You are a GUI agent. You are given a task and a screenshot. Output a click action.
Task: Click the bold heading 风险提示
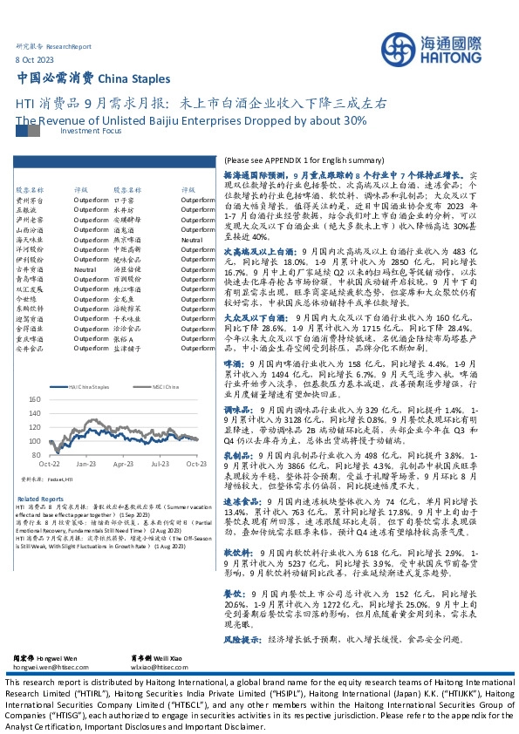click(242, 639)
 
